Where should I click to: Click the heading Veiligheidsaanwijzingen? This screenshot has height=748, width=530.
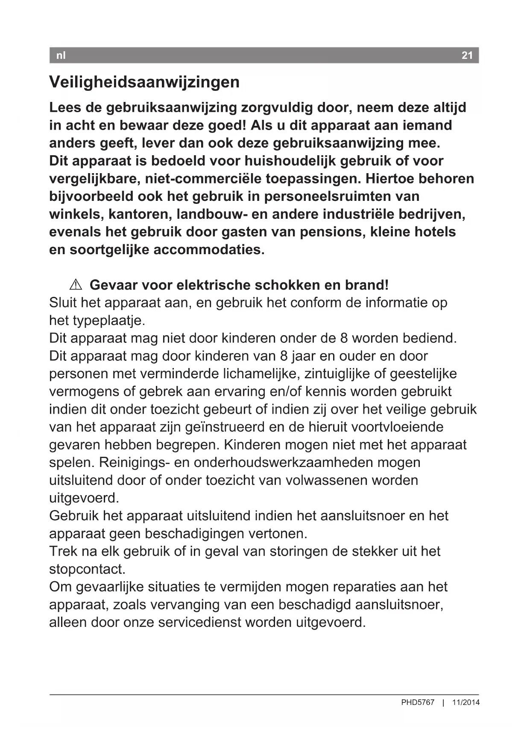click(x=144, y=82)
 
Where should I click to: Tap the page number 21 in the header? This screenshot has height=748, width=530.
click(x=467, y=55)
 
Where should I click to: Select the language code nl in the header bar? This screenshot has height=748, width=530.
click(x=61, y=55)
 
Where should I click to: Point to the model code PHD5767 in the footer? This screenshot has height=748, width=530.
click(x=417, y=702)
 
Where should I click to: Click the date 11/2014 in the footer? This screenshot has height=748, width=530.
click(x=466, y=702)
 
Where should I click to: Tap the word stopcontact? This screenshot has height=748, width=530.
click(x=87, y=569)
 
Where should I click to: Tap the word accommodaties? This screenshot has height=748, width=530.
click(x=209, y=249)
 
